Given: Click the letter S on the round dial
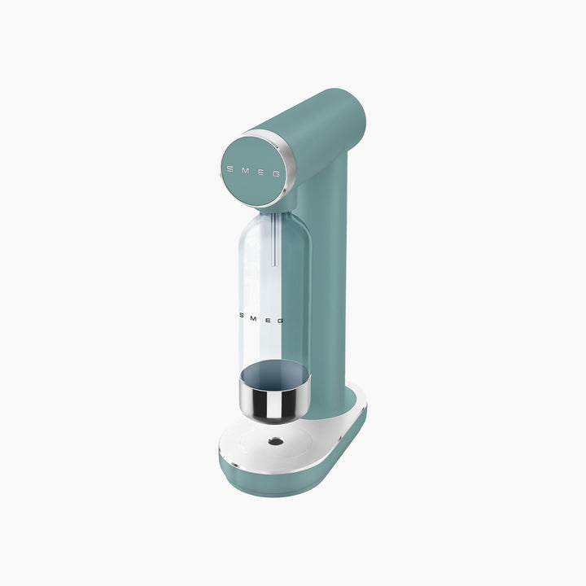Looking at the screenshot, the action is pos(230,169).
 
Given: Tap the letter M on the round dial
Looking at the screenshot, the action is pos(245,170).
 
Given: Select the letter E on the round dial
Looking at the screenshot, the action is pos(261,172).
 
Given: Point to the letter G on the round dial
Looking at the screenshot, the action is pos(277,174).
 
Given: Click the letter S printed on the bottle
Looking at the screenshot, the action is pos(242,316).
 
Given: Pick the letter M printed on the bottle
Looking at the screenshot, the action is pos(253,318).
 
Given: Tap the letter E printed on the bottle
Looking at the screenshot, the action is pos(269,320).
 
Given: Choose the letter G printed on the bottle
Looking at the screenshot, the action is pos(281,321).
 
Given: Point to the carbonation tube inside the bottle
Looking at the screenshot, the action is pos(274,239).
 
